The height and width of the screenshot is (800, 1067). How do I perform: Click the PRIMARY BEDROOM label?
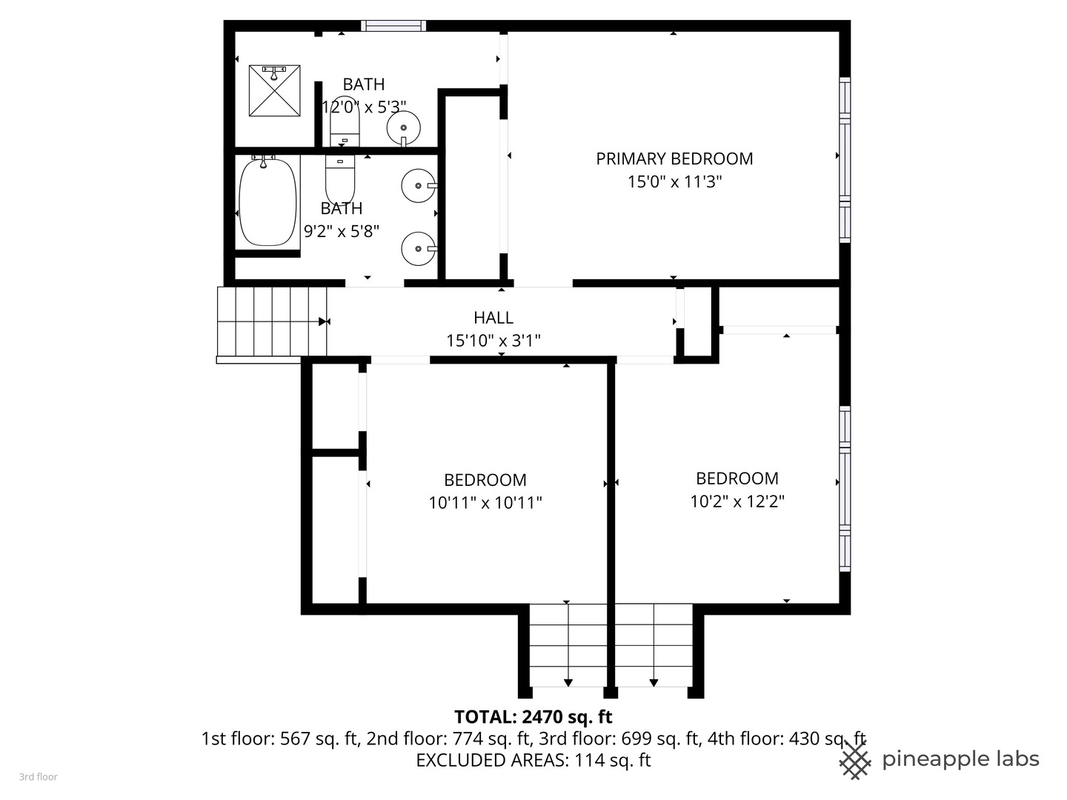coord(674,159)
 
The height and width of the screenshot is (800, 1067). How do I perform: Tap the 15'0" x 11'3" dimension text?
coord(674,181)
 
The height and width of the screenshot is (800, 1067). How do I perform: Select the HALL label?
coord(493,318)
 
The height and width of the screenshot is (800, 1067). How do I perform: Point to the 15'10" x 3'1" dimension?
coord(493,341)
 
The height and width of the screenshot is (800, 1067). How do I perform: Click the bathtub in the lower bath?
coord(267,202)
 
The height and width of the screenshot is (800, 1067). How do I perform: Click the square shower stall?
coord(274,91)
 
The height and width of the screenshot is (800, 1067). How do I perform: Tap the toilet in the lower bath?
coord(340,179)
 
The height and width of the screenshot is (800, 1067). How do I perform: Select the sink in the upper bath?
coord(404,128)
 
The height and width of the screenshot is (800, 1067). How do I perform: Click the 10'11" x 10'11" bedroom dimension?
coord(485,502)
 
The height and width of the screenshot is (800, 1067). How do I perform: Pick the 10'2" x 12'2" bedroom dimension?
coord(737,501)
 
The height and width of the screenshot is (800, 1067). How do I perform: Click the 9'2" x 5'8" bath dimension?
coord(342,231)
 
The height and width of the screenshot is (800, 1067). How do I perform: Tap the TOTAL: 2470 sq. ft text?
coord(533,716)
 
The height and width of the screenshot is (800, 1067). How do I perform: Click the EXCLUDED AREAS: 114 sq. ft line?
coord(533,760)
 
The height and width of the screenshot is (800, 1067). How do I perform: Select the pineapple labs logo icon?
coord(855,761)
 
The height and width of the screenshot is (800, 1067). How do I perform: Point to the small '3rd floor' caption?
coord(39,777)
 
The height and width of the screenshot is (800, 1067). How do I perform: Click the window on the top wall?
coord(393,26)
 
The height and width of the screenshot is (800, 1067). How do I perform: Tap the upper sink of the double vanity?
coord(419,185)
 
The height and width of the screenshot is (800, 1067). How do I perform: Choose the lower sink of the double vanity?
coord(419,249)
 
